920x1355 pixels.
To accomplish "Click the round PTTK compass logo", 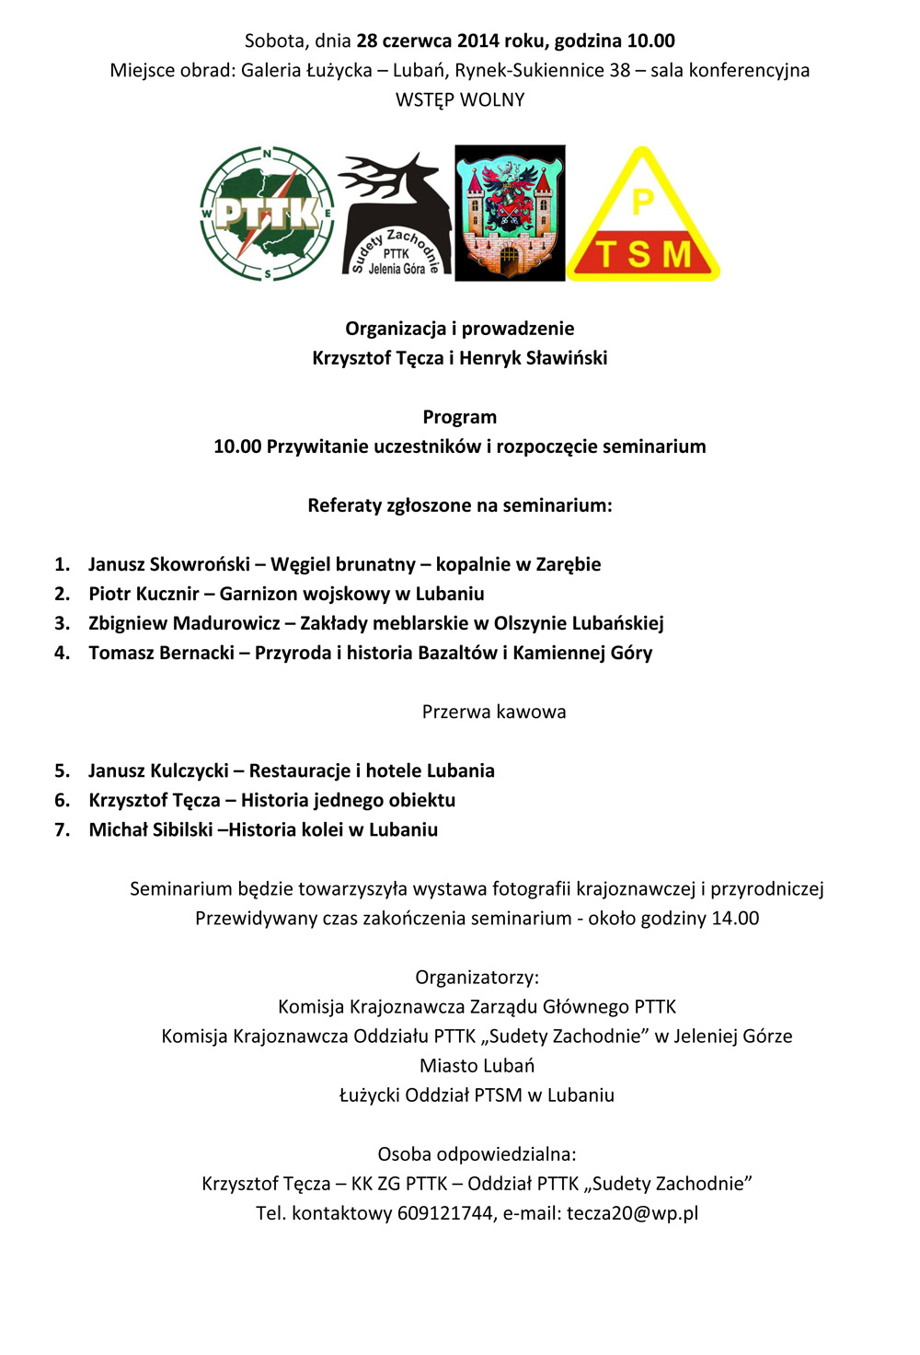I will [267, 214].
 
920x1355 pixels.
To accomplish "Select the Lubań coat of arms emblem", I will [510, 213].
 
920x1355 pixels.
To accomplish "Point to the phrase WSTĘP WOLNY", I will [460, 99].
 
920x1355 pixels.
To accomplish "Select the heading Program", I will [460, 417].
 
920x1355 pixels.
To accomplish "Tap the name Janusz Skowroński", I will [169, 564].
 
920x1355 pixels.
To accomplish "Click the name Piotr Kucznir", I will [144, 594].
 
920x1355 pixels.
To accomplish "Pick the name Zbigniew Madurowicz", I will [184, 623].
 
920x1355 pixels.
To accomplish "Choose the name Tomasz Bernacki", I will [161, 653].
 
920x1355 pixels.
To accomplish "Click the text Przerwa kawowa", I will [494, 712].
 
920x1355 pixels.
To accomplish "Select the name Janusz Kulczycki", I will [158, 770].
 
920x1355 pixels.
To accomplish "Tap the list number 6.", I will [62, 800].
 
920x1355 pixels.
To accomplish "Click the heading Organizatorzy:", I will [477, 977].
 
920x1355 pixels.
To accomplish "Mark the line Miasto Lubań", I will [477, 1065].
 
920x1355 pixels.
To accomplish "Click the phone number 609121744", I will [445, 1213].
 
